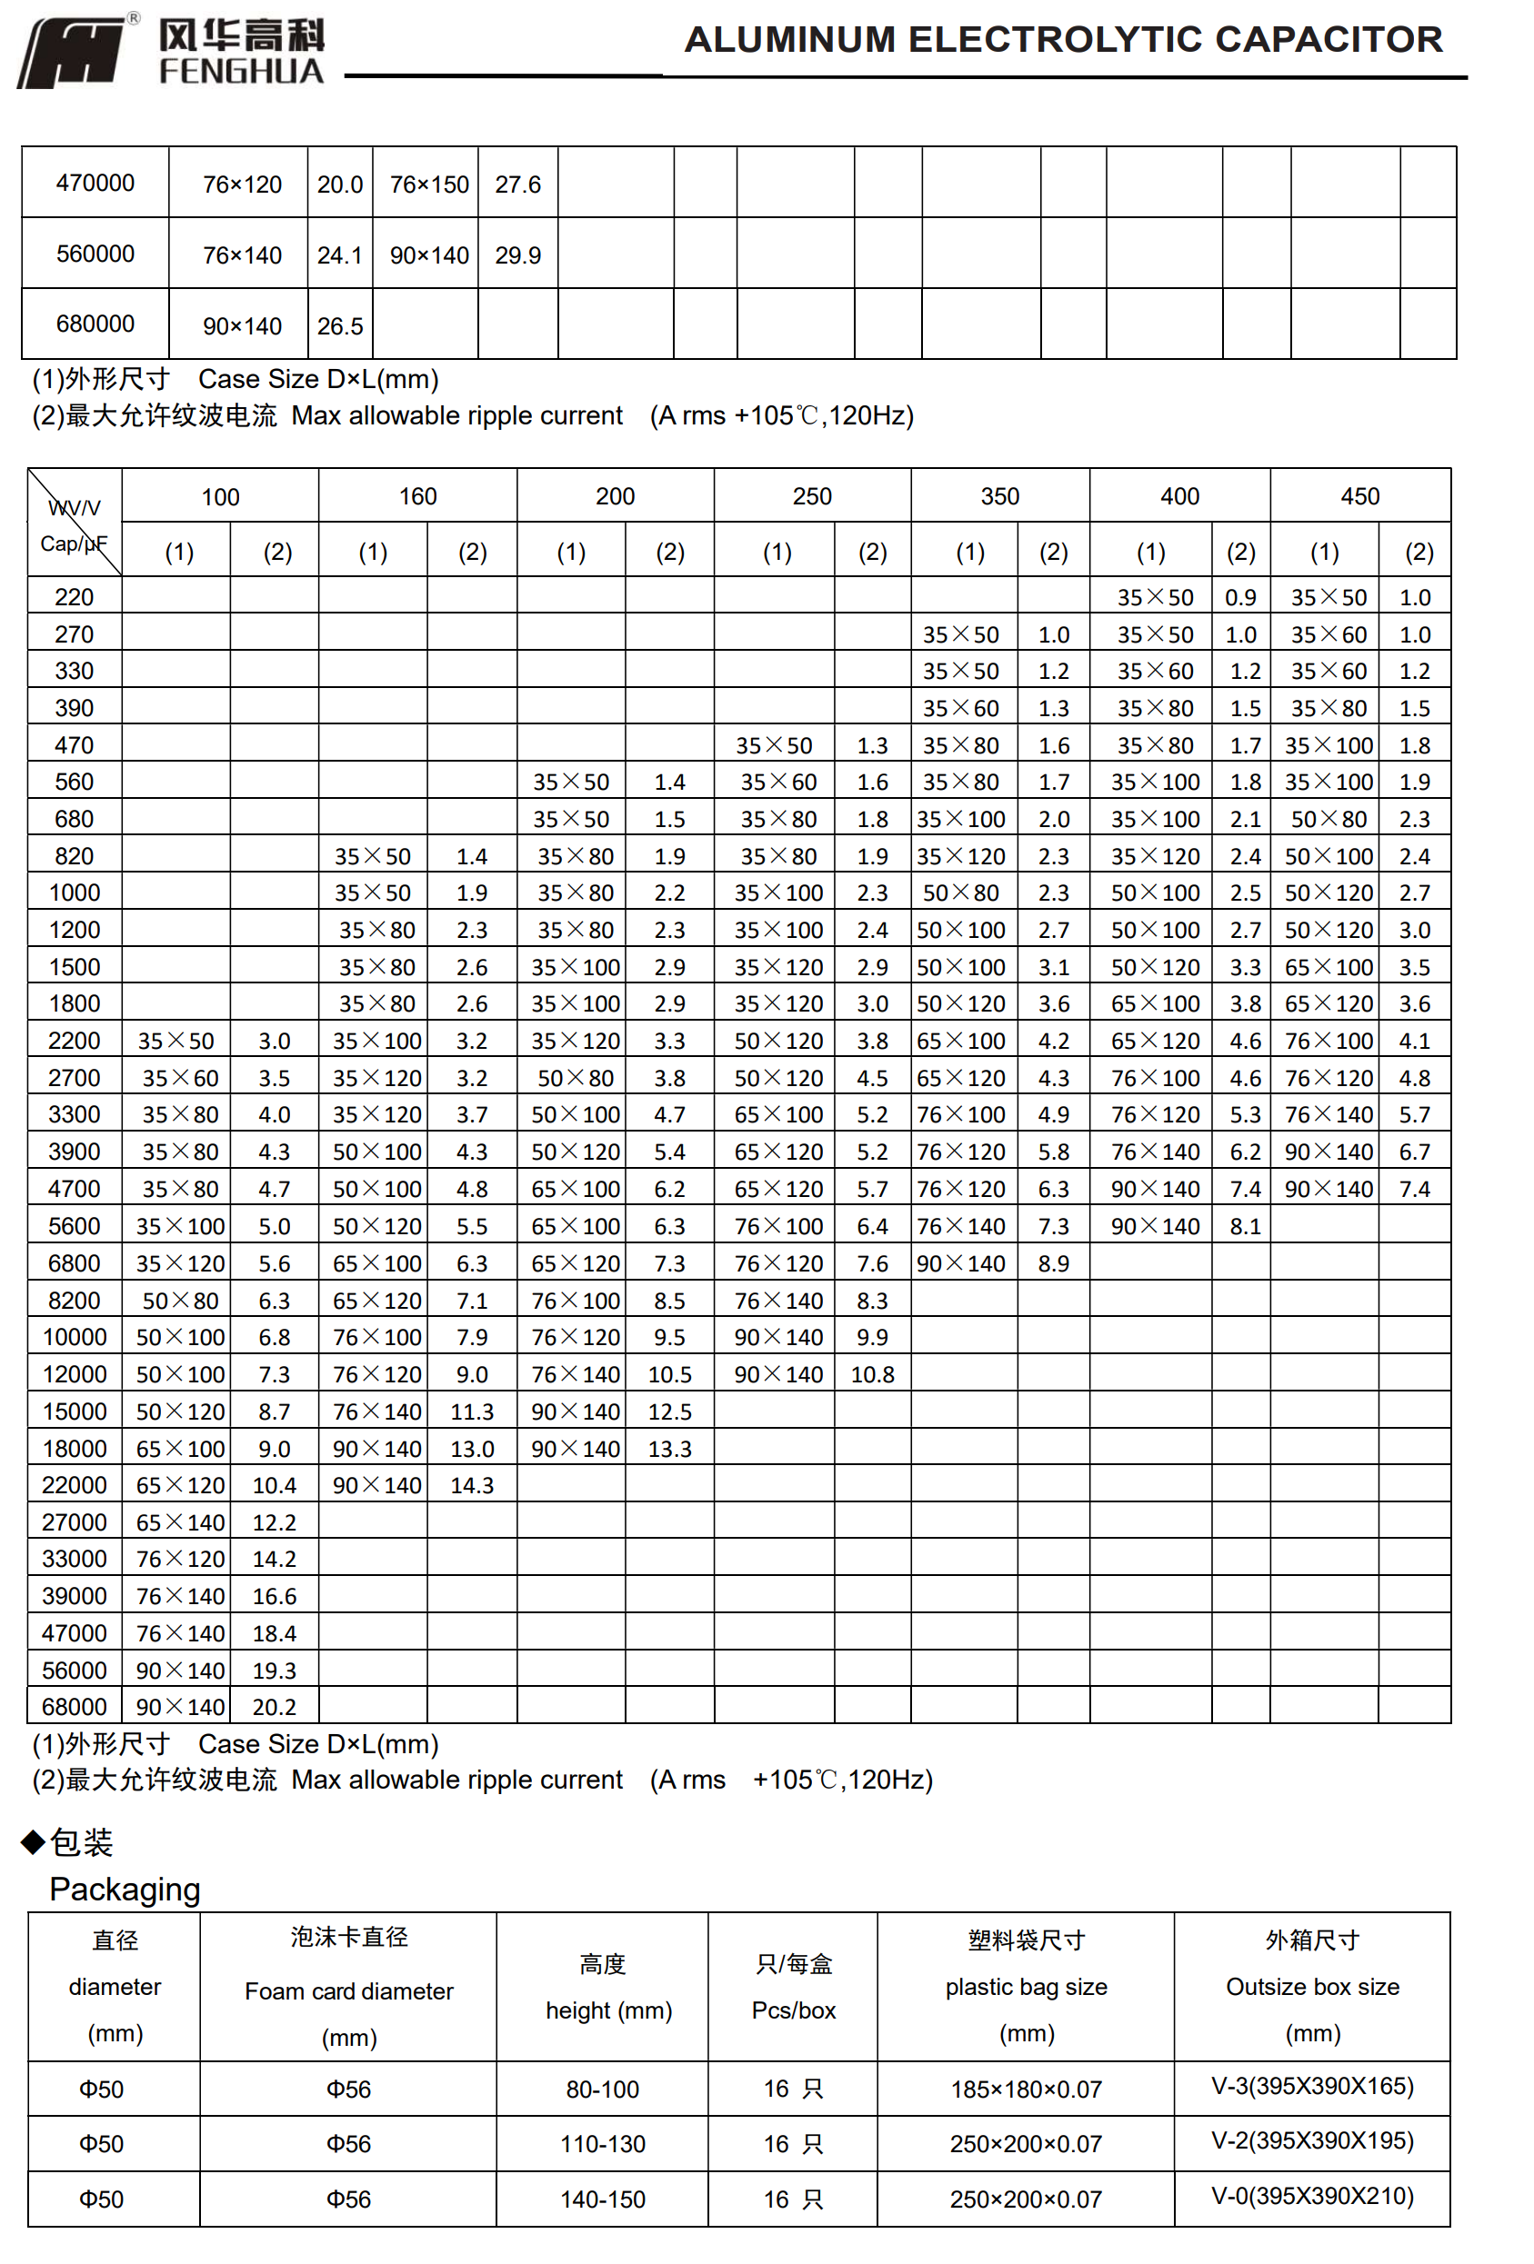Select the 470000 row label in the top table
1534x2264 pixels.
tap(95, 184)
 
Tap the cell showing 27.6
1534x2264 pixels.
tap(517, 185)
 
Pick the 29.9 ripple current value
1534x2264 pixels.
tap(517, 255)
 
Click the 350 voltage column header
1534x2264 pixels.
tap(999, 496)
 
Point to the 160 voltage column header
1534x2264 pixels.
tap(417, 496)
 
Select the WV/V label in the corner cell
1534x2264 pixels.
tap(74, 507)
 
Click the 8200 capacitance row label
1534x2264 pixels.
tap(74, 1301)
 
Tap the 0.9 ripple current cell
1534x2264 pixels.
tap(1239, 597)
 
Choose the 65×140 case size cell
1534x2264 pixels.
tap(180, 1521)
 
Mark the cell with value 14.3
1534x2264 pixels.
tap(472, 1485)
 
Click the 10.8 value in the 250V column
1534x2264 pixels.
tap(871, 1374)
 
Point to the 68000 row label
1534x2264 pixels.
tap(74, 1707)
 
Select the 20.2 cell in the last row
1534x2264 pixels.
tap(274, 1707)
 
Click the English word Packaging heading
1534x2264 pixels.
tap(125, 1889)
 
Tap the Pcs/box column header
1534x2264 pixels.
tap(793, 2010)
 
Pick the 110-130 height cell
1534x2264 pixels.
tap(602, 2143)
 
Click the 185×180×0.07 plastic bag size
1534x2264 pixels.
tap(1026, 2089)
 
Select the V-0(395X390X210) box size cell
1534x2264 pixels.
tap(1312, 2196)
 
